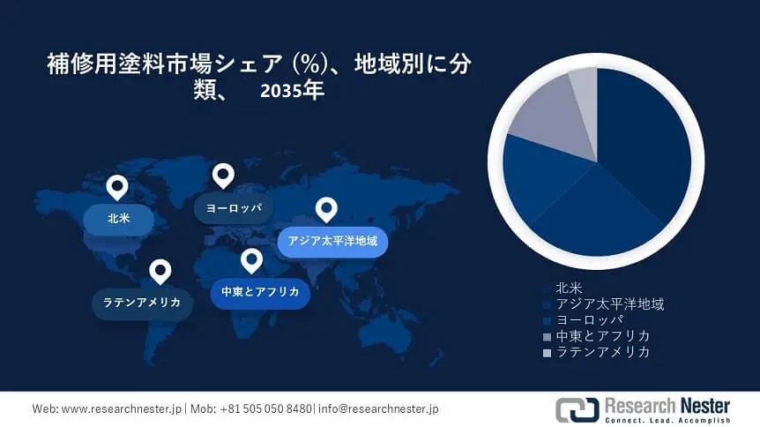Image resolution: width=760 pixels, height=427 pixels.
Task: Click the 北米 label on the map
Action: (119, 219)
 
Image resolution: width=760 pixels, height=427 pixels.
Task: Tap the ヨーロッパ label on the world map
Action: (234, 208)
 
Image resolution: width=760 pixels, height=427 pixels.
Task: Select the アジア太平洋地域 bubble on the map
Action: (332, 241)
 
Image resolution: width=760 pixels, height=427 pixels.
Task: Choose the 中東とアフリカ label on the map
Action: (260, 292)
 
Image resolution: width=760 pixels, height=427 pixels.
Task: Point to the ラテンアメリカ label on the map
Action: (142, 303)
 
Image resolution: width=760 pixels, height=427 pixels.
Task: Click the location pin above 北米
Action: (117, 187)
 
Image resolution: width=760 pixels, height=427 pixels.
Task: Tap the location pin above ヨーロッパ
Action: (223, 176)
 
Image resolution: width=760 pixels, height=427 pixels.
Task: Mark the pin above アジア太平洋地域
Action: (327, 210)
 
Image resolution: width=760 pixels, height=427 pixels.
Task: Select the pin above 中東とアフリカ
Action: (251, 261)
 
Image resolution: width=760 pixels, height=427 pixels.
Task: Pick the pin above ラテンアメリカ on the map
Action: (160, 272)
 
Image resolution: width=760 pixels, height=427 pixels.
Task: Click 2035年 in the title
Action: (292, 91)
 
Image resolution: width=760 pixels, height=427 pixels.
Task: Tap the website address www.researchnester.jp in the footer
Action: (121, 409)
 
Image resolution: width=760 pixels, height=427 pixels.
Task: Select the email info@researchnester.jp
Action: (378, 409)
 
